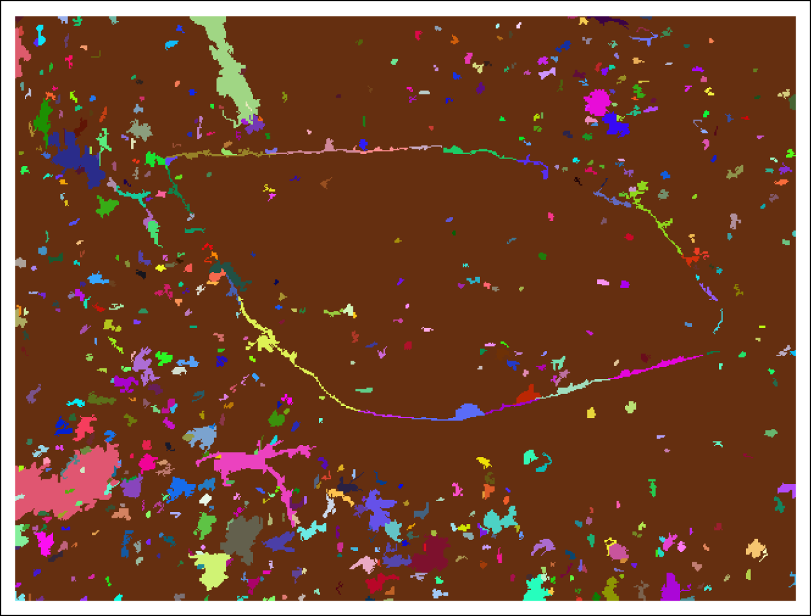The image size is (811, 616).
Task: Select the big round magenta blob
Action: click(598, 102)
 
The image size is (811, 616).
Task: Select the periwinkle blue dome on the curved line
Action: click(468, 412)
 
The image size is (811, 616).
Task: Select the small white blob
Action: click(205, 499)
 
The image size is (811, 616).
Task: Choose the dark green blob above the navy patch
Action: click(43, 118)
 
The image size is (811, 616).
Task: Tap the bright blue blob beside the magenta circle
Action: click(615, 124)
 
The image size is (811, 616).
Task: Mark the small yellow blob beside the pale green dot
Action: click(591, 413)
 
